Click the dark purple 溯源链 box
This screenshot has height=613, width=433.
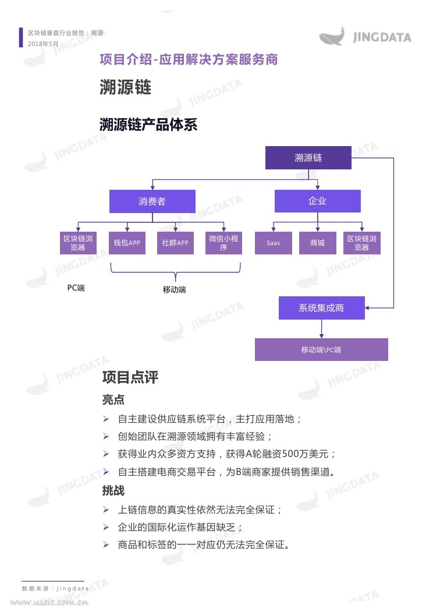(x=308, y=158)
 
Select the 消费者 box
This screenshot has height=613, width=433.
(x=152, y=201)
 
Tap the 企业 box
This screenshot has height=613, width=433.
(x=317, y=201)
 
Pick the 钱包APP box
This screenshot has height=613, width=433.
(x=127, y=243)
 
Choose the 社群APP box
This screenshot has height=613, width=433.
(x=175, y=243)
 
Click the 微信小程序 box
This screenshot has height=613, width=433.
(x=223, y=243)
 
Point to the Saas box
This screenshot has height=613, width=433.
(x=273, y=243)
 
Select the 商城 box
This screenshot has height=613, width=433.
(x=317, y=243)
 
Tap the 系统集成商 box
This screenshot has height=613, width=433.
(x=322, y=308)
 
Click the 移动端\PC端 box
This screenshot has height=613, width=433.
(x=321, y=349)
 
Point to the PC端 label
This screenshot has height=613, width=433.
(x=76, y=288)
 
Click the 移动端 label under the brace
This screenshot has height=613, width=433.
(x=174, y=290)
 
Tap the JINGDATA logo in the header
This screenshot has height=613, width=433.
(x=365, y=36)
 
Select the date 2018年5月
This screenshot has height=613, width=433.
(x=43, y=44)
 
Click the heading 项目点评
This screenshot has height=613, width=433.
(x=130, y=377)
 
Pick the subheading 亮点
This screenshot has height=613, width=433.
(x=113, y=399)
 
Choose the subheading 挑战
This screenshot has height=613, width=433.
(x=113, y=490)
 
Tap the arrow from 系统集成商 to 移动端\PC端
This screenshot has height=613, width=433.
(x=322, y=329)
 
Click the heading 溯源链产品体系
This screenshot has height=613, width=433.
(x=148, y=125)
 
